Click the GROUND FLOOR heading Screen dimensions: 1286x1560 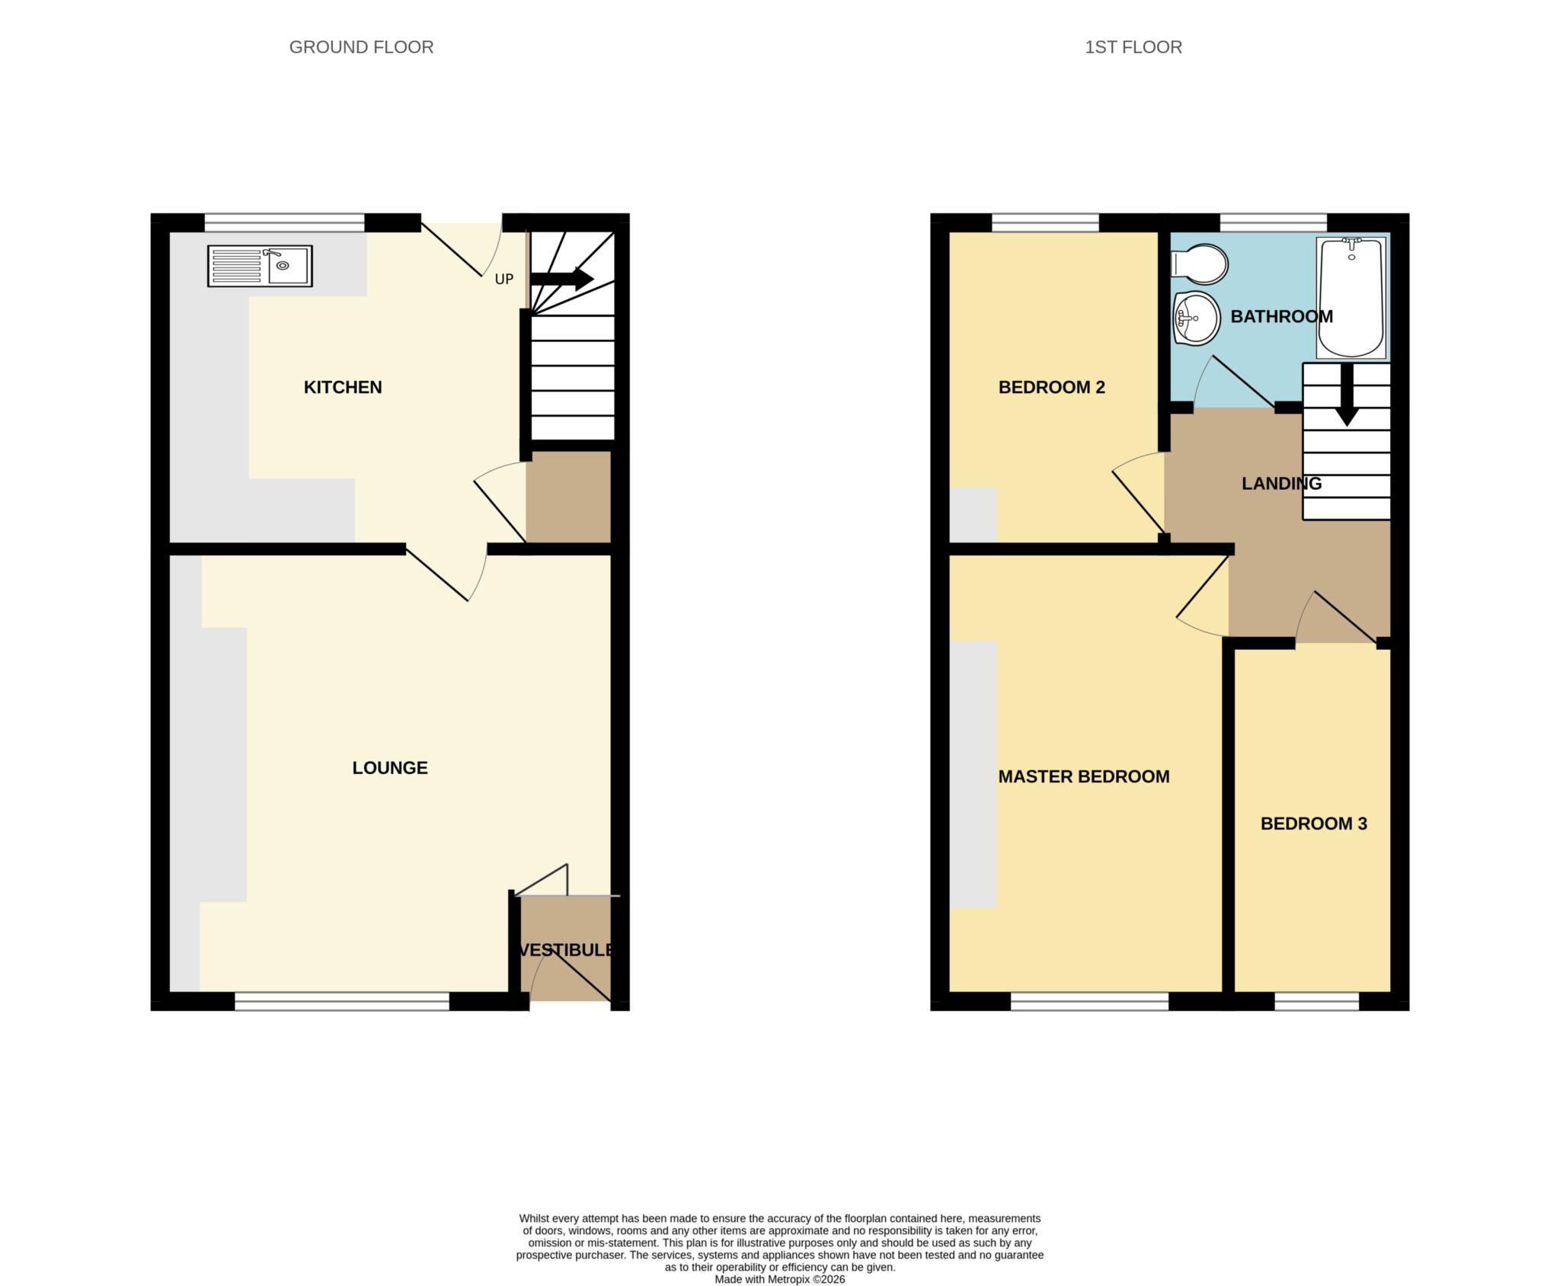pos(361,47)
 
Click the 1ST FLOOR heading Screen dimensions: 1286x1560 pos(1133,47)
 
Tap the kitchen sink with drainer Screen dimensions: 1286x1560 pos(260,266)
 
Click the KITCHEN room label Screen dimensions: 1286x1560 pos(343,387)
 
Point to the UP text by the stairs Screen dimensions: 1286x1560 pos(503,280)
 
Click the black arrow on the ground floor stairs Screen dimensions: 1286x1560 pos(562,279)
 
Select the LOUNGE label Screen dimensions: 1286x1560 pos(389,768)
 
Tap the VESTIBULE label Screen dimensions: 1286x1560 pos(566,950)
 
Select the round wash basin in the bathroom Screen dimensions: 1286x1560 pos(1196,317)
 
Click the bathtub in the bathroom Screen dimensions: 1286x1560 pos(1351,298)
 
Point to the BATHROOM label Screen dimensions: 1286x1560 pos(1281,317)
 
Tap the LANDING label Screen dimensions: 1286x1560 pos(1281,484)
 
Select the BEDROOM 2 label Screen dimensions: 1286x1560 pos(1051,387)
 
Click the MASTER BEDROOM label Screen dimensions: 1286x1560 pos(1083,777)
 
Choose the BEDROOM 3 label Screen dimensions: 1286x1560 pos(1313,824)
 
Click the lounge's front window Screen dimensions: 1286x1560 pos(342,1001)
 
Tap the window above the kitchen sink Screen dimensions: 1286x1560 pos(284,222)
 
